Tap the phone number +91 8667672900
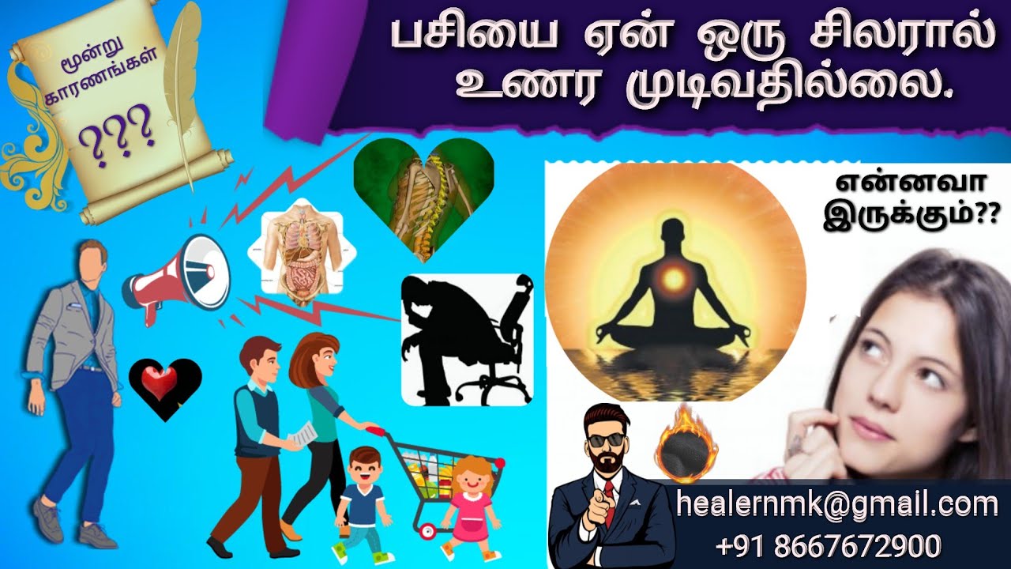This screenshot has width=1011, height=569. (829, 546)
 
